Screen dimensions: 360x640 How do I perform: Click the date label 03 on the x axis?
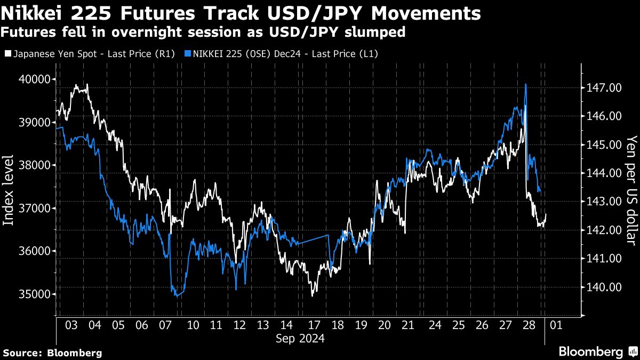point(71,325)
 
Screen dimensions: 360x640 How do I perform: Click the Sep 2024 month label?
point(300,338)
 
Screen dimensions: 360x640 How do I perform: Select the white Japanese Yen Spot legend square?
point(7,54)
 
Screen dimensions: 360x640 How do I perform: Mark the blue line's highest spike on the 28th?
point(526,84)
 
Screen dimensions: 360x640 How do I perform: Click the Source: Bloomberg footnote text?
point(52,353)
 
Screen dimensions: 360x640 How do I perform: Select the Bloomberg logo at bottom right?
point(598,351)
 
